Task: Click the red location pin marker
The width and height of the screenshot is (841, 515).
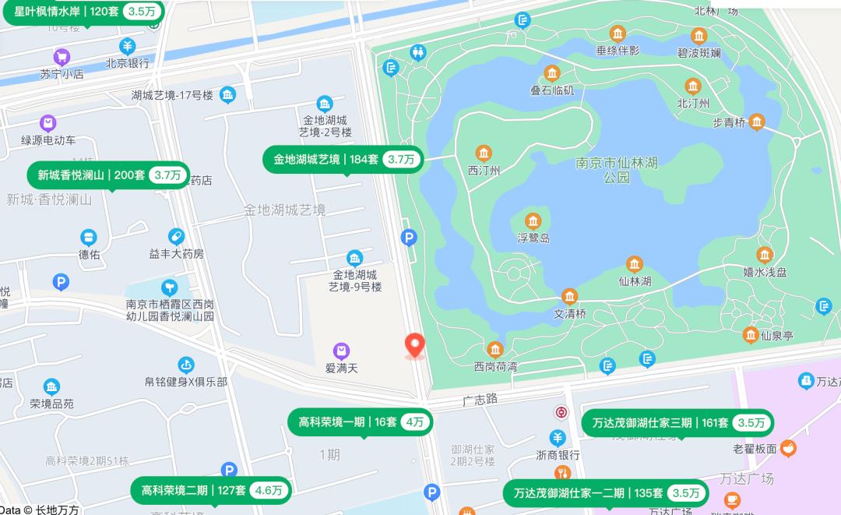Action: (x=416, y=345)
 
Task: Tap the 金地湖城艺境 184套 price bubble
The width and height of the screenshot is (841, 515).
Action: (x=344, y=159)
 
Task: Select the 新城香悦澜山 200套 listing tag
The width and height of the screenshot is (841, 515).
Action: (x=109, y=175)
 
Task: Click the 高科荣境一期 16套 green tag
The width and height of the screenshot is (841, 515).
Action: (x=360, y=422)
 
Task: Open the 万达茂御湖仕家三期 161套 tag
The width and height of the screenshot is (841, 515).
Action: (x=677, y=422)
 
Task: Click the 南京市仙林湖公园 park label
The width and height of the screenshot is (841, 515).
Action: (x=617, y=170)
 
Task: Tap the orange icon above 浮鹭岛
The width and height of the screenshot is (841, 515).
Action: (x=533, y=221)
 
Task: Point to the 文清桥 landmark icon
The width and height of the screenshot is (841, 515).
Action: (x=569, y=297)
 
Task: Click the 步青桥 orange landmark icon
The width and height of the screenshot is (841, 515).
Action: (x=756, y=122)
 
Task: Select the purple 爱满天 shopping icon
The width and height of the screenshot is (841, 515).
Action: (x=340, y=351)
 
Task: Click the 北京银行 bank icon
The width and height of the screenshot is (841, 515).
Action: (x=127, y=46)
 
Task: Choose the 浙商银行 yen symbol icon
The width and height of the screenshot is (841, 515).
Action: (x=558, y=438)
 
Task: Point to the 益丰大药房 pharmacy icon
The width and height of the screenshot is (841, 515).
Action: (x=177, y=236)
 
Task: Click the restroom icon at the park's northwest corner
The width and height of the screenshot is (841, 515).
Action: (x=419, y=52)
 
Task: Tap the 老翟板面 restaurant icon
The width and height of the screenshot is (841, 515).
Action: (x=789, y=448)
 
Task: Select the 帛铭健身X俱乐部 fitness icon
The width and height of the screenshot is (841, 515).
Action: (x=185, y=365)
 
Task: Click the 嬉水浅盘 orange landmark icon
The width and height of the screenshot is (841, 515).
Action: (x=765, y=255)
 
